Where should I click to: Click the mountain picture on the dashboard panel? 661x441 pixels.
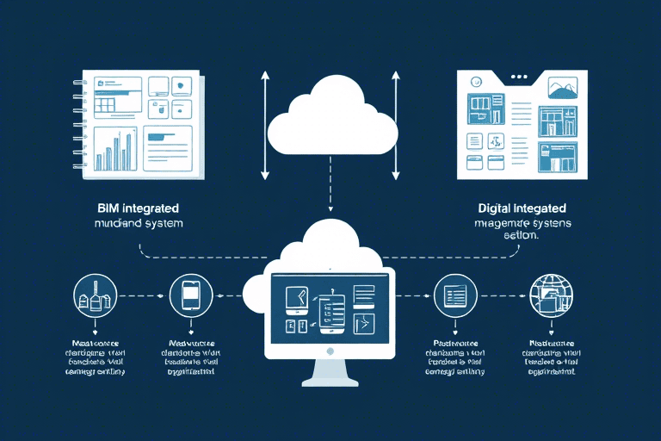point(561,89)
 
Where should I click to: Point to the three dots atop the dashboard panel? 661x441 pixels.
point(518,77)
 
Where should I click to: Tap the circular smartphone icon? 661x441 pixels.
point(191,296)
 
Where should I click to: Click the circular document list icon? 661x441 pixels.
point(454,296)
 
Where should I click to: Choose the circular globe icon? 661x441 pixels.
point(549,296)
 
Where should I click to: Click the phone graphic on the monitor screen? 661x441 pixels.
point(331,312)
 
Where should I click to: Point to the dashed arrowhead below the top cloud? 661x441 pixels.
point(330,209)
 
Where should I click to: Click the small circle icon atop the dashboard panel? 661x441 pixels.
point(476,82)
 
